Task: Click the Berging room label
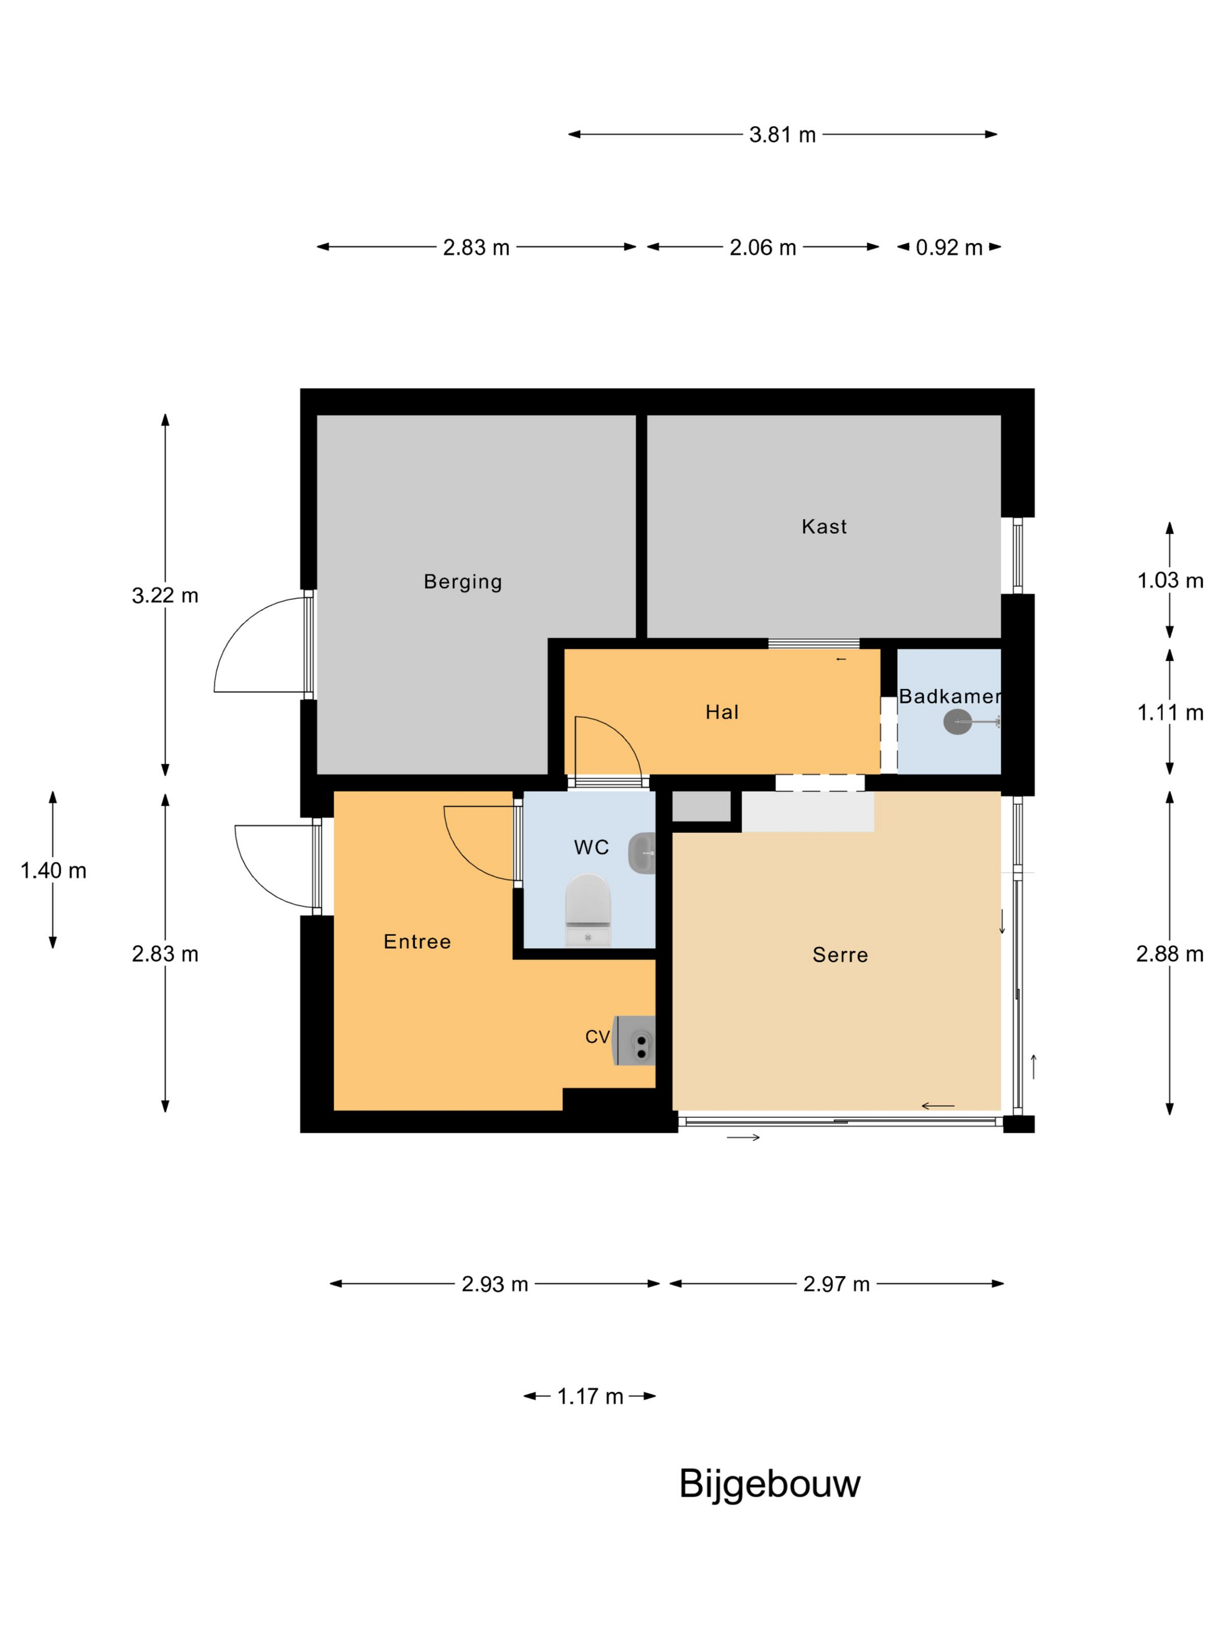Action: [463, 582]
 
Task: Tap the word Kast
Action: [824, 527]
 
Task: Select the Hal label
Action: [722, 712]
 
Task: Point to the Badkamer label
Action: [950, 696]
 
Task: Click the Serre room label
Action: [840, 955]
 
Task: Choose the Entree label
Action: [417, 941]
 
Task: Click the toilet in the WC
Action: [588, 910]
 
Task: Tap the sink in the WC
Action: [642, 853]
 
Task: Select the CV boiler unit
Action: [635, 1040]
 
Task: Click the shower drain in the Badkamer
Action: [958, 722]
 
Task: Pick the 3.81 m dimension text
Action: [782, 135]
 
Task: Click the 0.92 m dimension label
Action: [949, 248]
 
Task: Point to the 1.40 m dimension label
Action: [53, 871]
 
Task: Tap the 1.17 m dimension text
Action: [590, 1396]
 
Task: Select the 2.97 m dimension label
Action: [836, 1284]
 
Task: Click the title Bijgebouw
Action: [769, 1484]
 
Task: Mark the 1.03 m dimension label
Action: [1170, 580]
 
